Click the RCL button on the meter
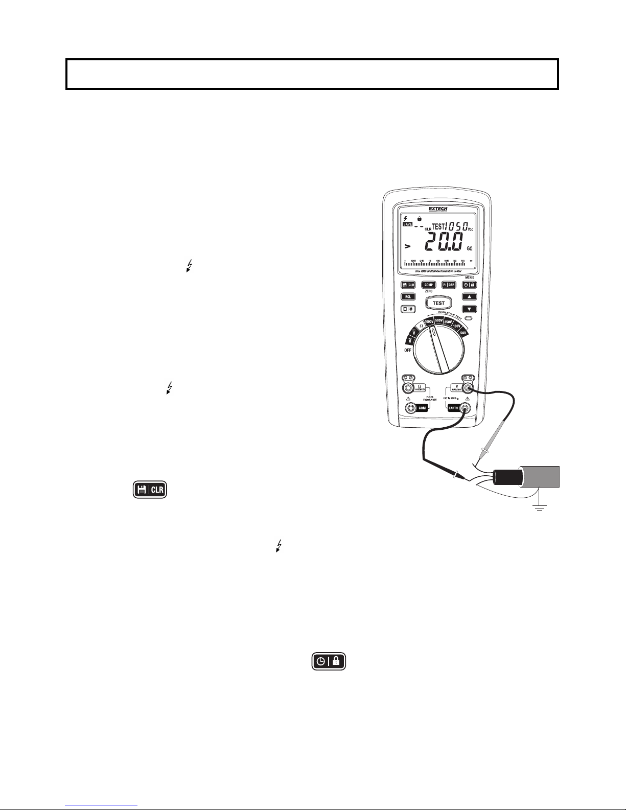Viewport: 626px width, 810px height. pyautogui.click(x=408, y=296)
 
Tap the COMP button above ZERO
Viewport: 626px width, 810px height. pyautogui.click(x=428, y=285)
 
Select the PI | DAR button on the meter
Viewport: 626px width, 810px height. pyautogui.click(x=448, y=285)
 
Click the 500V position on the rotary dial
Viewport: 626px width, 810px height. pyautogui.click(x=439, y=320)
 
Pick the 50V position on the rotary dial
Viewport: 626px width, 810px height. pyautogui.click(x=463, y=333)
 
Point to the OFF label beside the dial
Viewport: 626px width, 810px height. pyautogui.click(x=408, y=350)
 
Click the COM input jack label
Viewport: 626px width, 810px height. pyautogui.click(x=423, y=408)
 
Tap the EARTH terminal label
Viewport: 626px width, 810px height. pyautogui.click(x=453, y=408)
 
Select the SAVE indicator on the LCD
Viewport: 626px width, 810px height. pyautogui.click(x=407, y=225)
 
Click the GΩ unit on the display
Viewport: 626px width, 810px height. pyautogui.click(x=469, y=248)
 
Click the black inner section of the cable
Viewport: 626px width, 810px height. pyautogui.click(x=506, y=477)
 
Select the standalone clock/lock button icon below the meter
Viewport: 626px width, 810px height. pyautogui.click(x=329, y=661)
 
